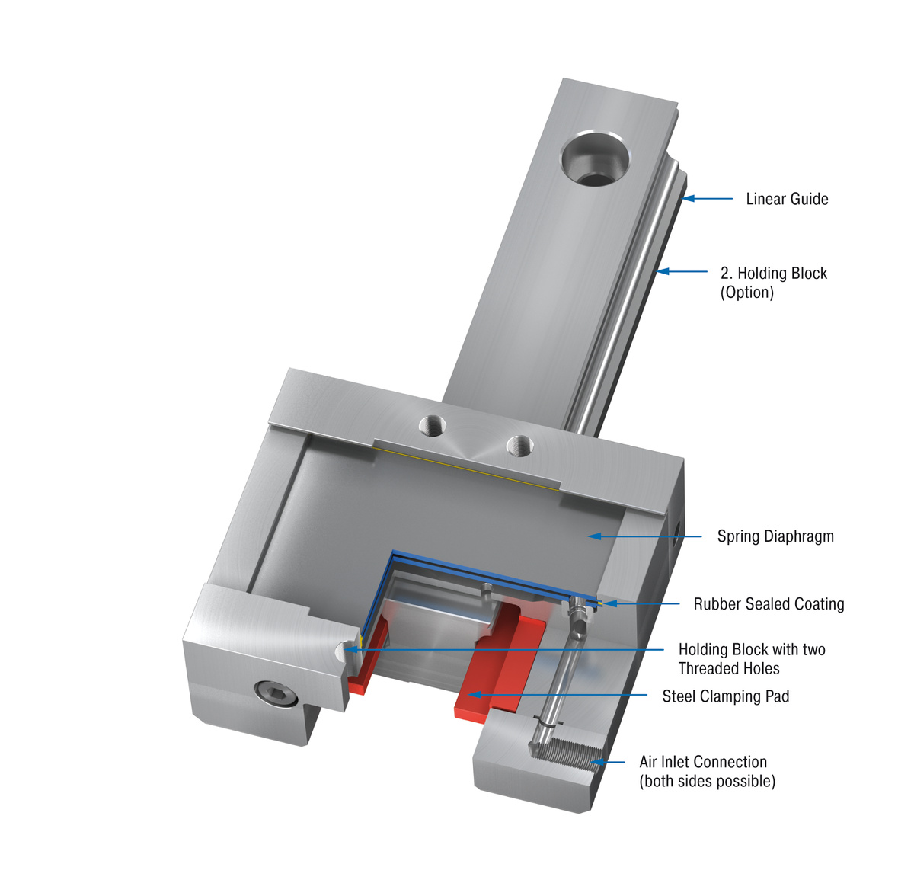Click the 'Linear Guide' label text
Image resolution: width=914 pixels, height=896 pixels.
pyautogui.click(x=787, y=199)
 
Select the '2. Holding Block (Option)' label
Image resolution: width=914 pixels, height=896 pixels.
pyautogui.click(x=773, y=283)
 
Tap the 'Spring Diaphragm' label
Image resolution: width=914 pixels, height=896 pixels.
pyautogui.click(x=775, y=536)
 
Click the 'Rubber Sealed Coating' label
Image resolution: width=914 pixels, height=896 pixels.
pyautogui.click(x=769, y=604)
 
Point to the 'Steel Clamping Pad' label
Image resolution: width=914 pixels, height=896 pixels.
pyautogui.click(x=725, y=696)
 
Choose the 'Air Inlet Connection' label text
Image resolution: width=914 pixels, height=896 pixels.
pyautogui.click(x=703, y=762)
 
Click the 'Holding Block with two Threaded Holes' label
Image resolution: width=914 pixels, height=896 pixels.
pyautogui.click(x=751, y=659)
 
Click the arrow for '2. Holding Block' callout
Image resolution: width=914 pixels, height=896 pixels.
pyautogui.click(x=682, y=271)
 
